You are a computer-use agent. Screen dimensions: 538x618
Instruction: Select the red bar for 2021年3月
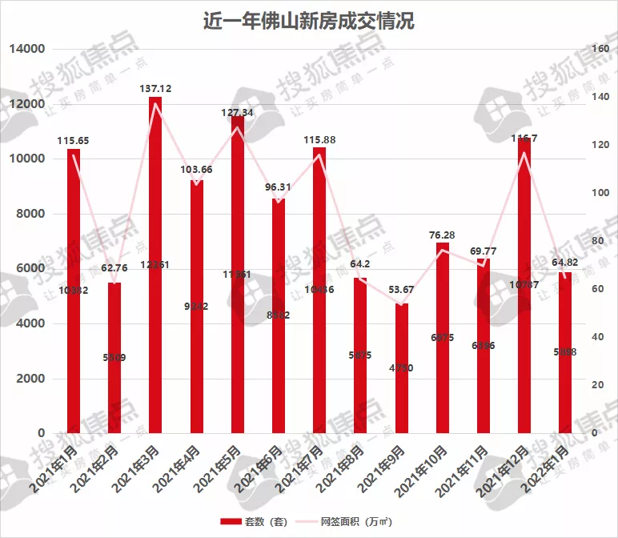pos(155,264)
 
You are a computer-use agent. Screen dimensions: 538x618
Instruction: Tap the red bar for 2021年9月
pos(402,368)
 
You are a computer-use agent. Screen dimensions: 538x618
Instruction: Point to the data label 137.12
pos(155,88)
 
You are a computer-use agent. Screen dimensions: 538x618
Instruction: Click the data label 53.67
pos(402,289)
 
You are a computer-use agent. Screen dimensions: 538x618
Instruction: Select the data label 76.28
pos(443,235)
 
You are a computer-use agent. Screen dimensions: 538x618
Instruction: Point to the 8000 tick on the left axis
pos(28,214)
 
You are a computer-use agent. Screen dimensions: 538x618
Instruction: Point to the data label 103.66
pos(196,169)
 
